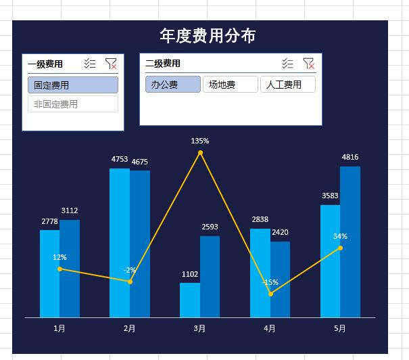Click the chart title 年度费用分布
208,36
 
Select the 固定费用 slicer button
73,85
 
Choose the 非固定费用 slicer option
73,104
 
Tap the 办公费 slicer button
172,85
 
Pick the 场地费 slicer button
230,85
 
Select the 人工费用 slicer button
287,85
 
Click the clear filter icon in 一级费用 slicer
111,64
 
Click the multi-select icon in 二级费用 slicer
288,64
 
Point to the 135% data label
200,141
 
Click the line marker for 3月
200,153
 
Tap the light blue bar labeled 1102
190,300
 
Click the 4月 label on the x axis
270,329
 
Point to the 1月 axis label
59,329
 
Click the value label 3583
330,196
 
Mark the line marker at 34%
340,248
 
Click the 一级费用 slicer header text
45,64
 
